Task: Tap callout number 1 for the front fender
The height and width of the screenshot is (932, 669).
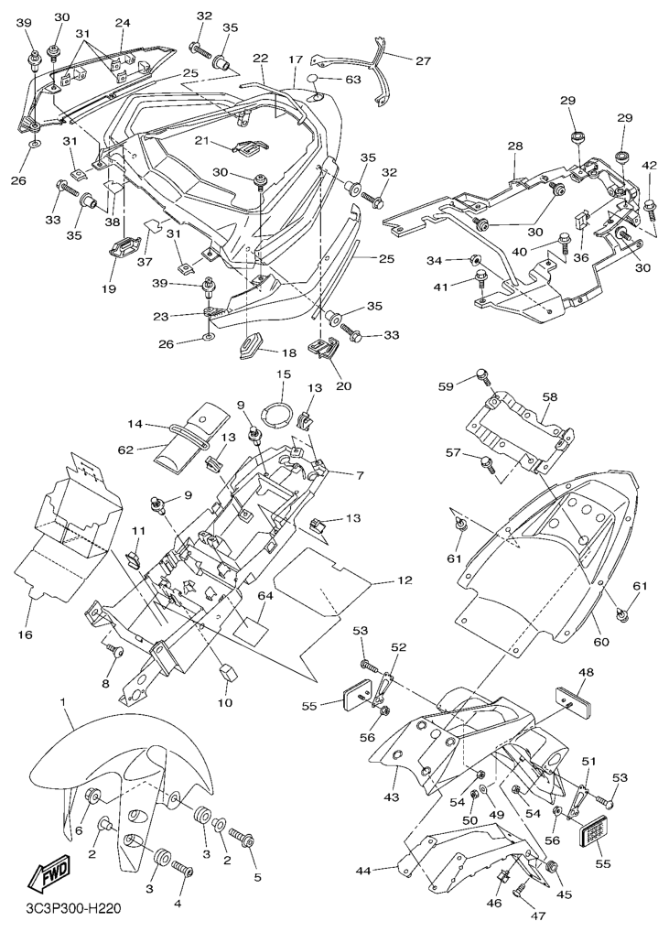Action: (x=64, y=702)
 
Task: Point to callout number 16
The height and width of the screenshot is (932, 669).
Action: (x=24, y=634)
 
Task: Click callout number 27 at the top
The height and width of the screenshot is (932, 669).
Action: (x=424, y=61)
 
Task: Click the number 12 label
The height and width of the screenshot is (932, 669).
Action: (x=405, y=580)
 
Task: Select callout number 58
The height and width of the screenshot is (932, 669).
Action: (x=549, y=397)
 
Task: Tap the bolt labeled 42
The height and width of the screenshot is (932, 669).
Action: (x=651, y=208)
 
